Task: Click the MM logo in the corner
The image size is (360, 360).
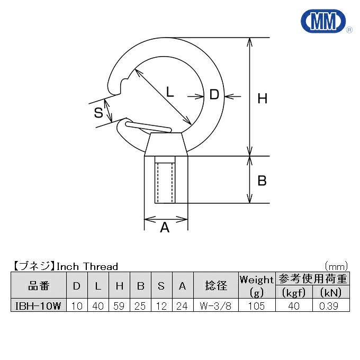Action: (x=323, y=21)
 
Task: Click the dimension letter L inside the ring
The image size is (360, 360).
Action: (x=170, y=92)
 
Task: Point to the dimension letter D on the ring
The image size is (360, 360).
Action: (x=214, y=94)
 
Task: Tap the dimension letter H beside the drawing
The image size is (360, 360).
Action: (x=263, y=98)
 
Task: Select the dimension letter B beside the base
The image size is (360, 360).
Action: (x=262, y=181)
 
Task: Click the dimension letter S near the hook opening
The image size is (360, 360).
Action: (x=98, y=113)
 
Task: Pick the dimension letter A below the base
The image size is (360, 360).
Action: (x=165, y=228)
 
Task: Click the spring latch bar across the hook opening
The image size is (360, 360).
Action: (x=148, y=127)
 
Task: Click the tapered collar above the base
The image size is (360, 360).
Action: (x=166, y=144)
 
